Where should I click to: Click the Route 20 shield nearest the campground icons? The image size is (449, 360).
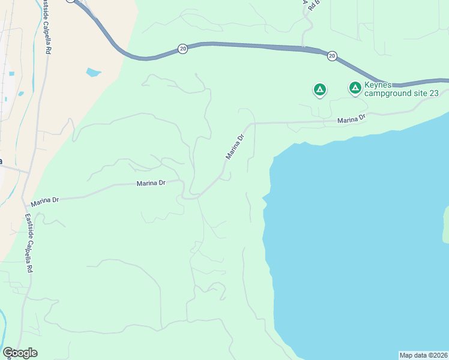point(332,56)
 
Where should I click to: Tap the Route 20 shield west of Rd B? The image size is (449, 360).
point(182,49)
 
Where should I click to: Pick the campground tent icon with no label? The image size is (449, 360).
point(320,90)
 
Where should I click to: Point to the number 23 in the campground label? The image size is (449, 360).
point(434,93)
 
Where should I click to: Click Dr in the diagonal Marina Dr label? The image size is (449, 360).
point(241,137)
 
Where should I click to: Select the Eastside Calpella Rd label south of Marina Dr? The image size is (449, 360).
point(28,243)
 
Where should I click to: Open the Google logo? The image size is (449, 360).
point(20,353)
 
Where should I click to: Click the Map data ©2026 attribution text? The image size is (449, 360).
point(423,355)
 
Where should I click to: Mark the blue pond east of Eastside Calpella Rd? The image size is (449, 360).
point(93,73)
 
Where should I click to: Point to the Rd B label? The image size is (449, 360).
point(312,5)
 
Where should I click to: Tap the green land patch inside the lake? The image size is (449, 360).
point(446,225)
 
